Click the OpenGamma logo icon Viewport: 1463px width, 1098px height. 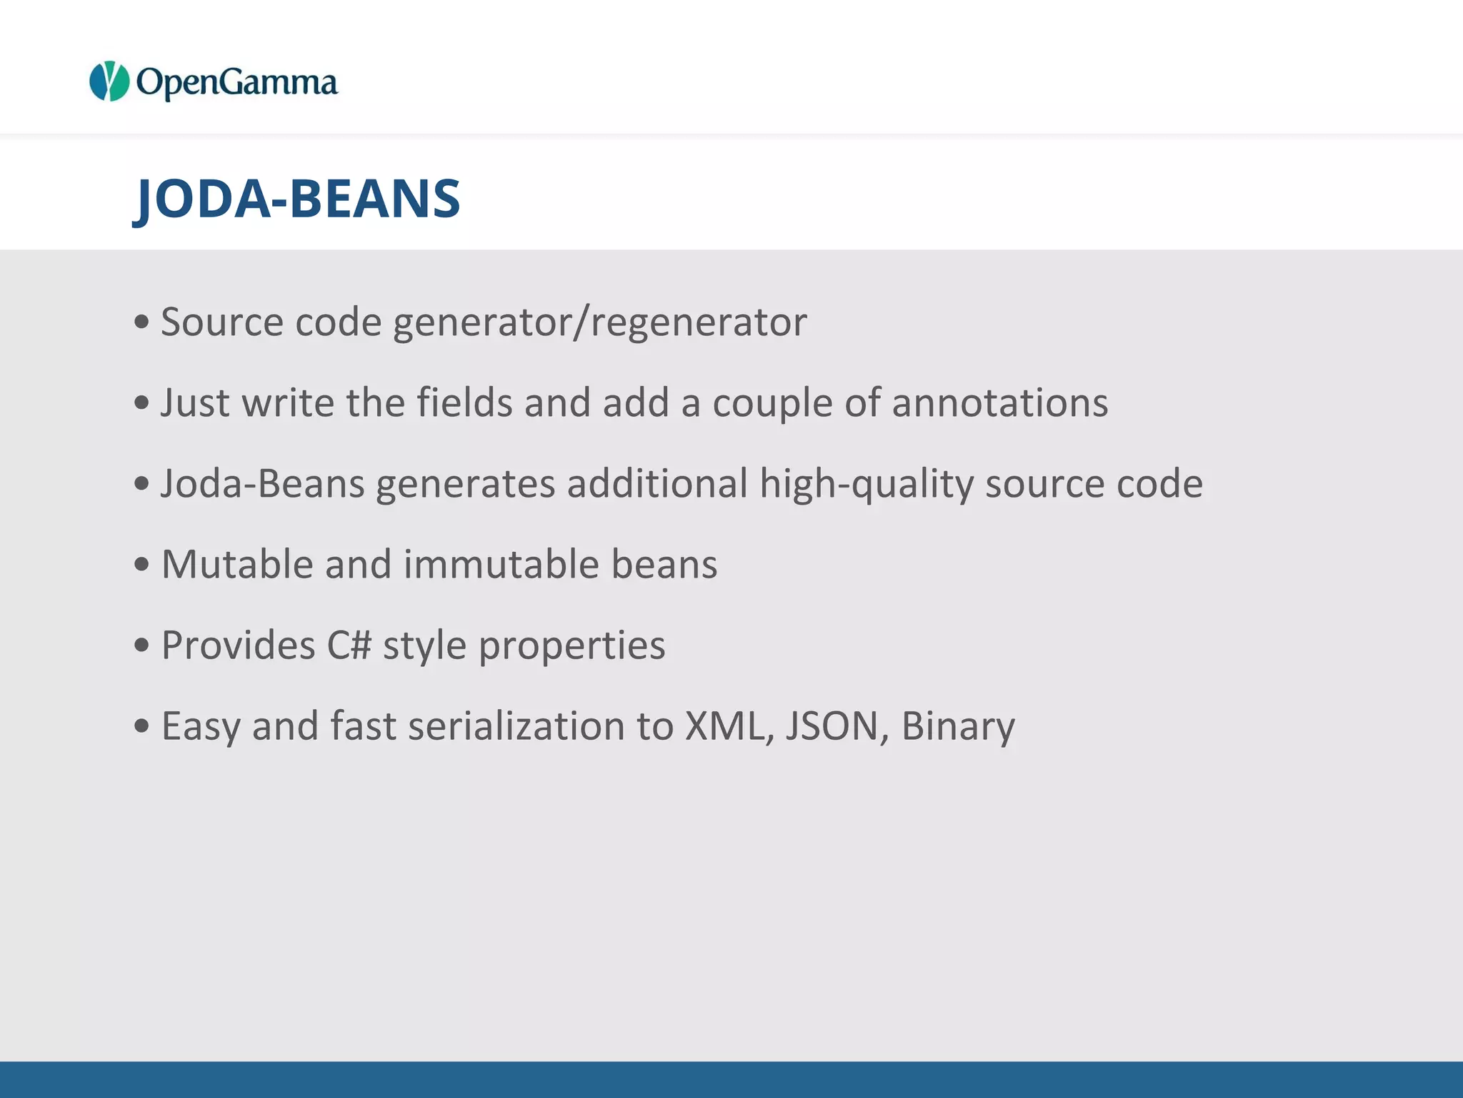109,81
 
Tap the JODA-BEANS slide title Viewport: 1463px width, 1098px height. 298,199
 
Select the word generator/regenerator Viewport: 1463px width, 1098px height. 599,322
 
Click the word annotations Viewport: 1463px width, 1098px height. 999,402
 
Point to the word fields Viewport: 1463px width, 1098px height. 464,402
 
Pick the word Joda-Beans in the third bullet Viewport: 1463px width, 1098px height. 263,484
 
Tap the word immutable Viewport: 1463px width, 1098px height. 501,565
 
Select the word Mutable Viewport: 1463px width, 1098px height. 237,565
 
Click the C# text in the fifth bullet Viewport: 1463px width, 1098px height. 349,646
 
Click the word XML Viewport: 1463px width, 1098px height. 729,726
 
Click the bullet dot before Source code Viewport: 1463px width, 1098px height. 141,322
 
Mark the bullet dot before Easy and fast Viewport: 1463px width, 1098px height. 141,727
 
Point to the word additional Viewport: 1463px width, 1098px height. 657,484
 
